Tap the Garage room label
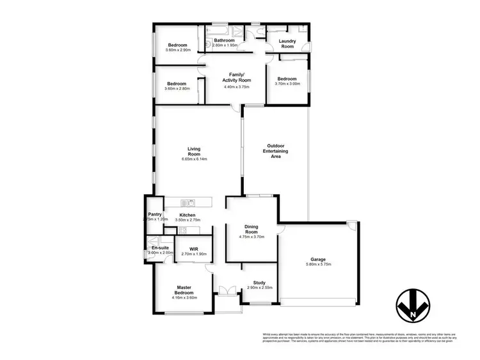pos(318,259)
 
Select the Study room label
pos(260,282)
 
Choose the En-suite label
pos(160,247)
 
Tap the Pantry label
pos(154,214)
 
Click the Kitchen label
pos(187,215)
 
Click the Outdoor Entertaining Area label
pos(275,150)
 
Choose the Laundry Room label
pos(287,43)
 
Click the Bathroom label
pos(225,40)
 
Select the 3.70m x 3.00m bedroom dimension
pos(286,84)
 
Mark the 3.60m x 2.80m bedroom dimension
pos(177,89)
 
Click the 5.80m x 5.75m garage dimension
pos(318,264)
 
